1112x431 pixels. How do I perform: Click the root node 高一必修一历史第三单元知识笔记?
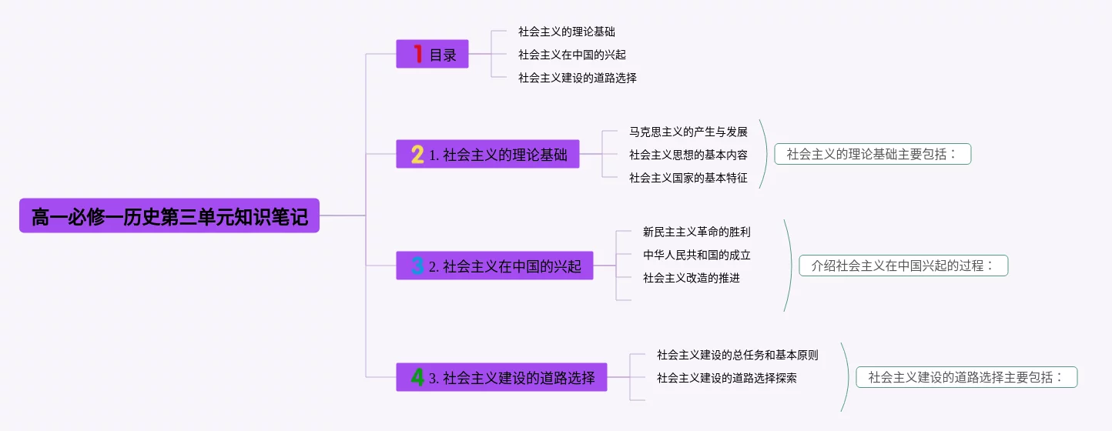169,216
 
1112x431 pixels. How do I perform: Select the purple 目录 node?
443,55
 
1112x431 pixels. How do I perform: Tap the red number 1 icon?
418,54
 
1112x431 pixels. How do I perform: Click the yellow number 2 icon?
417,155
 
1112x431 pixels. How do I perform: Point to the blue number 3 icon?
417,266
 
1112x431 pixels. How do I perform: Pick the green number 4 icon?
417,377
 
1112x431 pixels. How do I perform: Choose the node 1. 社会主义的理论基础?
498,155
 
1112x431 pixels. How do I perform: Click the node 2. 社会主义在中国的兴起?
505,266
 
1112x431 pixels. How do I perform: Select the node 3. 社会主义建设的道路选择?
512,377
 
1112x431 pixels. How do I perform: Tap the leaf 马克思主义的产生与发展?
688,132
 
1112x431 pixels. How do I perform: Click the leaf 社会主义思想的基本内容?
688,155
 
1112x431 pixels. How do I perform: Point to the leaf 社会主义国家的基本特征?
688,178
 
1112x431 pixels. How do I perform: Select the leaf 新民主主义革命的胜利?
696,232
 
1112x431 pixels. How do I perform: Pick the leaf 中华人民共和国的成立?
696,255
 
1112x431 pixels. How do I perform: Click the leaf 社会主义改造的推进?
691,278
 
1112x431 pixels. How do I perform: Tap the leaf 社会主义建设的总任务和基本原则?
737,355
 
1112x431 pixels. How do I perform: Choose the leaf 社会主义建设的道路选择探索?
726,378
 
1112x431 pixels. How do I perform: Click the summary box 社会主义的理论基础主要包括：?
873,154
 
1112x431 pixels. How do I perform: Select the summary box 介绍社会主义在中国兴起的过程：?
903,266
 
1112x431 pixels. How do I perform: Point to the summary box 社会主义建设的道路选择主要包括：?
966,377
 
